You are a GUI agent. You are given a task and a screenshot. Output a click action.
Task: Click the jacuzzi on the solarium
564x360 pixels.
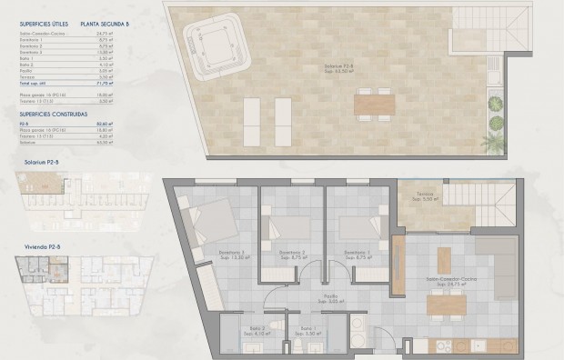click(x=216, y=43)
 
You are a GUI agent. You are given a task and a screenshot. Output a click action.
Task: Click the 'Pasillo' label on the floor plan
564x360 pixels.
click(x=328, y=295)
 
